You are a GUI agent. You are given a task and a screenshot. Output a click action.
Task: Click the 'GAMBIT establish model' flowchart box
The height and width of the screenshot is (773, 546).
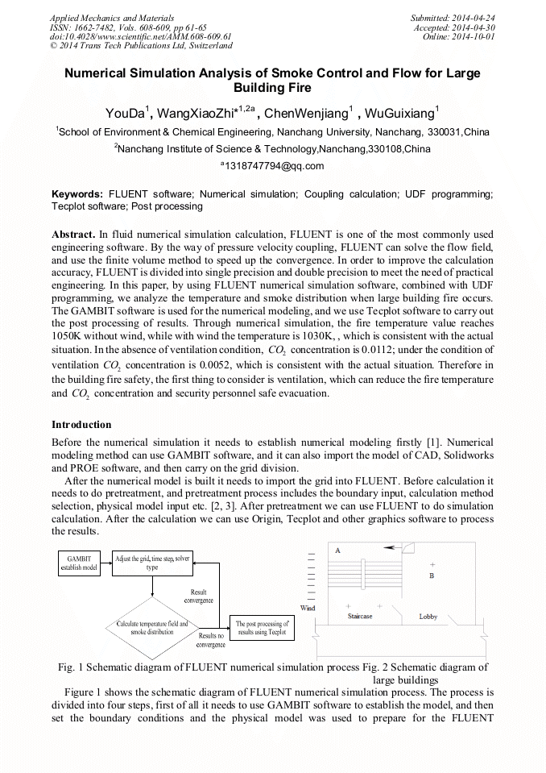pyautogui.click(x=80, y=563)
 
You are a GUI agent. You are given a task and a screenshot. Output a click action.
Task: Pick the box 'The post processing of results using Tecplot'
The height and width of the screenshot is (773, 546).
pyautogui.click(x=263, y=629)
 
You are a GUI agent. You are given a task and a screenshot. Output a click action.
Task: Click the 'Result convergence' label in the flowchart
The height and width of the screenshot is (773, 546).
pyautogui.click(x=199, y=596)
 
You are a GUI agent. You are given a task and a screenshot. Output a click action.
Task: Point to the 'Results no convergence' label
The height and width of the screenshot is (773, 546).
pyautogui.click(x=211, y=640)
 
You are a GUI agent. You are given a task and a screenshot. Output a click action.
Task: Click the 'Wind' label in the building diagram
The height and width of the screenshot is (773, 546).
pyautogui.click(x=308, y=608)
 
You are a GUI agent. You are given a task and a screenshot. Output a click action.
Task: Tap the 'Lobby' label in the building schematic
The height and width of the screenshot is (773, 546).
pyautogui.click(x=428, y=617)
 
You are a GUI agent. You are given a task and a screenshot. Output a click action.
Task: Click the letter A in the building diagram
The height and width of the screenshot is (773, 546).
pyautogui.click(x=337, y=549)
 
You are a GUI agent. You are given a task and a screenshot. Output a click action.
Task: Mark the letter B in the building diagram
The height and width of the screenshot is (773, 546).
pyautogui.click(x=432, y=576)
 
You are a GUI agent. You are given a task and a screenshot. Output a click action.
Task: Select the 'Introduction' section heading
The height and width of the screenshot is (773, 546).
pyautogui.click(x=81, y=425)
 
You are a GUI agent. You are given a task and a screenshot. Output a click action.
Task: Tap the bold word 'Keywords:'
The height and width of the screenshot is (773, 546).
pyautogui.click(x=77, y=194)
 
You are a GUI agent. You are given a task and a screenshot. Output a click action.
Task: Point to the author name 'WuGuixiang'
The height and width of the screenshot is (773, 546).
pyautogui.click(x=399, y=113)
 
